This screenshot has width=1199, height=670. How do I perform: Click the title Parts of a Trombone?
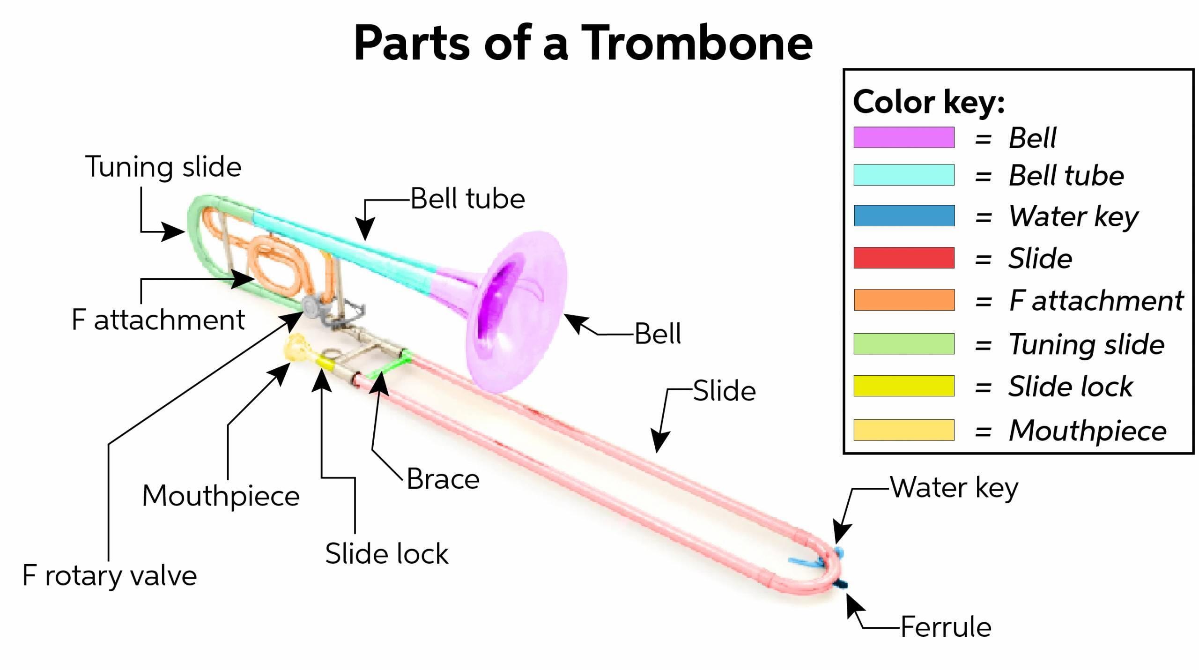pos(583,43)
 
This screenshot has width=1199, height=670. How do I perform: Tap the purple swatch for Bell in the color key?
pos(903,137)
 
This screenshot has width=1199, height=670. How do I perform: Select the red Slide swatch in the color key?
pos(903,258)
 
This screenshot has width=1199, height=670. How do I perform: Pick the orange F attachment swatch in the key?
pos(903,300)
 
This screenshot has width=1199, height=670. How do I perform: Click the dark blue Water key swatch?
pos(903,216)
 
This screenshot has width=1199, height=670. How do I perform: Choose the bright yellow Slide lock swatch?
pos(903,386)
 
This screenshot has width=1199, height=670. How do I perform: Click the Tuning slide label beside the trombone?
pos(163,167)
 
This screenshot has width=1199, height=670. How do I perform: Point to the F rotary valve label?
pos(109,575)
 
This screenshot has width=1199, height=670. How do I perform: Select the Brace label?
pos(443,479)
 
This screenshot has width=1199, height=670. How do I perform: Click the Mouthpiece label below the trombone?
pos(221,496)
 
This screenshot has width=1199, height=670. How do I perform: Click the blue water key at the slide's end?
pos(838,552)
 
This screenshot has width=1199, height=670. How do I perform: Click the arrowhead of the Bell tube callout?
pos(365,231)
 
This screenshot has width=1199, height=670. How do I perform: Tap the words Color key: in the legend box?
pos(928,102)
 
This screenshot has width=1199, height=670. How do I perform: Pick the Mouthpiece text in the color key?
pos(1087,431)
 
